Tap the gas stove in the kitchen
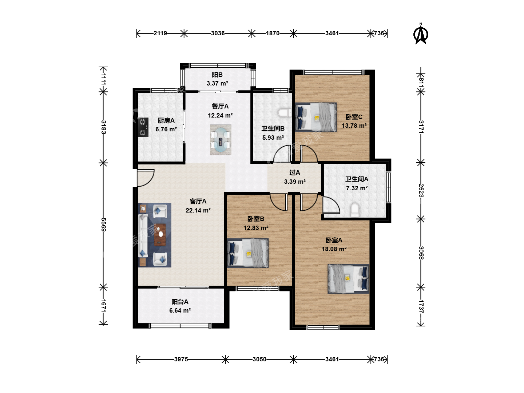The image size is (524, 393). click(x=143, y=127)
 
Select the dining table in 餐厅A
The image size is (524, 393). click(x=221, y=140)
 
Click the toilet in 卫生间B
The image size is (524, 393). click(x=285, y=113)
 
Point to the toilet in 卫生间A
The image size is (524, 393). click(x=355, y=210)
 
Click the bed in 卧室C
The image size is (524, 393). click(x=316, y=117)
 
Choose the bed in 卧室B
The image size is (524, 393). click(x=248, y=253)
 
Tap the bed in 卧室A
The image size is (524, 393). click(x=348, y=278)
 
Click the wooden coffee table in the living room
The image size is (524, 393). click(x=160, y=235)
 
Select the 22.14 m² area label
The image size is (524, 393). click(x=198, y=210)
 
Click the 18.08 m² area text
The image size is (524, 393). click(x=334, y=249)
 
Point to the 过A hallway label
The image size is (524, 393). click(x=295, y=172)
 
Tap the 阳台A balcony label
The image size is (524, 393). click(x=180, y=302)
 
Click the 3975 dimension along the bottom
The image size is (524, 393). click(x=181, y=359)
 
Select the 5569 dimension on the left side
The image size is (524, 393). click(x=103, y=224)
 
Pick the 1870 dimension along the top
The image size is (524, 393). click(x=273, y=33)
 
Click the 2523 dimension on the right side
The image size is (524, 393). click(x=421, y=190)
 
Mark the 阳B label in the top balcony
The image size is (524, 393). click(x=217, y=75)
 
